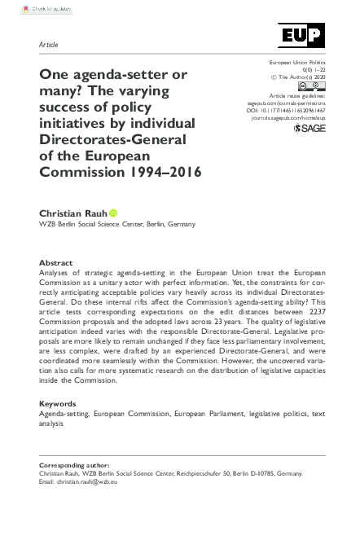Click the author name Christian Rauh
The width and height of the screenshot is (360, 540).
click(72, 213)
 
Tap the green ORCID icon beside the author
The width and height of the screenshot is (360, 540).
click(113, 213)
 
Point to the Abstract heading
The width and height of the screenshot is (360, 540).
click(56, 263)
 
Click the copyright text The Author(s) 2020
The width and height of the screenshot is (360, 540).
click(297, 77)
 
